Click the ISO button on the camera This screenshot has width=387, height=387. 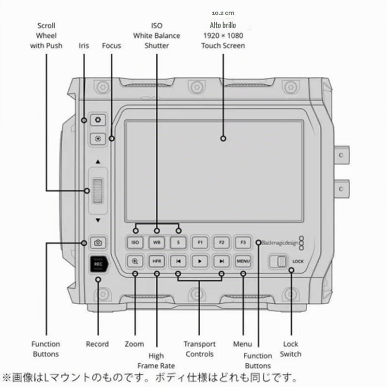(x=135, y=242)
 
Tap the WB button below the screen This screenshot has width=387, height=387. (x=157, y=242)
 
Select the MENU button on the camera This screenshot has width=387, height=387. (x=243, y=261)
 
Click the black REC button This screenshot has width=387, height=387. (x=99, y=264)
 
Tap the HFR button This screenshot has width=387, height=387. (x=157, y=261)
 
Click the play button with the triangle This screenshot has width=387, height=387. (x=200, y=261)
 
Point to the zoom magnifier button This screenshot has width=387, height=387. (x=135, y=261)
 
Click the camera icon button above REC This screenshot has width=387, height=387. (x=98, y=243)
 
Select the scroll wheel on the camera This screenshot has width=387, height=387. (x=98, y=191)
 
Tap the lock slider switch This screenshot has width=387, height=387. (x=278, y=261)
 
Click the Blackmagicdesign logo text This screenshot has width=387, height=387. (x=280, y=243)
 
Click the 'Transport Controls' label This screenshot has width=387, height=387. (x=199, y=349)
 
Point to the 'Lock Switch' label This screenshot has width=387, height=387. (x=291, y=349)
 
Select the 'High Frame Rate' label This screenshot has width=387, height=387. (x=156, y=360)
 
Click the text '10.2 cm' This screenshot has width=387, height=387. (x=223, y=13)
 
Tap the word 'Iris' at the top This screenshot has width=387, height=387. (x=84, y=45)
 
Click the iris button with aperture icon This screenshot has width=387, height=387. (x=98, y=120)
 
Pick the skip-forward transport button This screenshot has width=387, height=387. (x=222, y=261)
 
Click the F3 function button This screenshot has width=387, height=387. (x=243, y=242)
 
